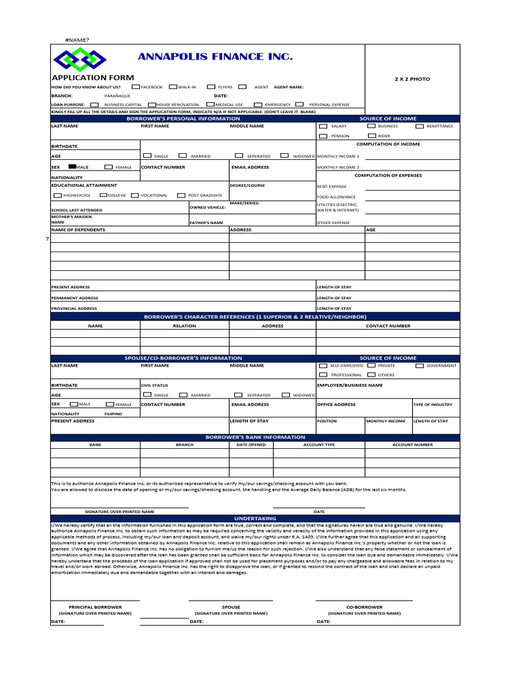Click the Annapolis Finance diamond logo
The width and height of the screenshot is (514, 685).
tap(79, 60)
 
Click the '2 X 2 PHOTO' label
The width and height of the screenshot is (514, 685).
tap(412, 79)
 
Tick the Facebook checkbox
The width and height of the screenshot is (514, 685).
tap(136, 87)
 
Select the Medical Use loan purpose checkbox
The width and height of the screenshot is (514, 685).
tap(211, 104)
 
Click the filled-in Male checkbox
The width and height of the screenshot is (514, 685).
tap(72, 167)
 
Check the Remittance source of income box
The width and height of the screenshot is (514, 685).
tap(421, 126)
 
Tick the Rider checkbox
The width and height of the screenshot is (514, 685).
tap(372, 135)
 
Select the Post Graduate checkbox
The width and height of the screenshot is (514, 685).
tap(181, 195)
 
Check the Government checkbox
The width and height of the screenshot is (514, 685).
tap(420, 366)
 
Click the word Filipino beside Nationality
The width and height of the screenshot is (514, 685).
tap(113, 414)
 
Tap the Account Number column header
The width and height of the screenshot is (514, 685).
tap(412, 444)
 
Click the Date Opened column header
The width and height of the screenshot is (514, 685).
tap(251, 444)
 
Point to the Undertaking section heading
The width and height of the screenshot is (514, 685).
tap(254, 518)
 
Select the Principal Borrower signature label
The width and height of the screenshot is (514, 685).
tap(95, 607)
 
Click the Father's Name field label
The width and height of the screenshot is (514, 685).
tap(206, 222)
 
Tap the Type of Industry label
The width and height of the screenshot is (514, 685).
tap(433, 405)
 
